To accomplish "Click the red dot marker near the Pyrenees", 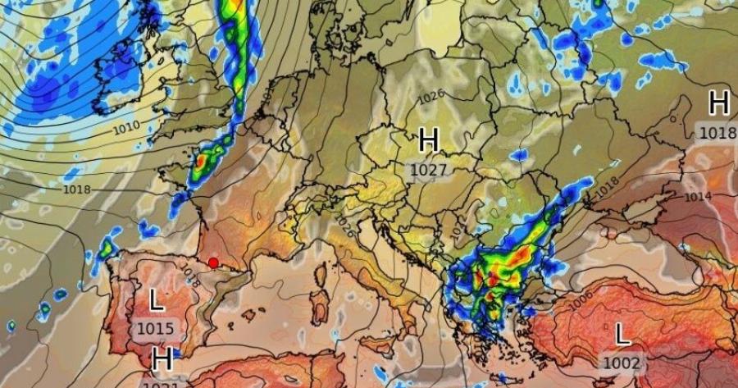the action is click(213, 262).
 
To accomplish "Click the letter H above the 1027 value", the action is click(429, 140).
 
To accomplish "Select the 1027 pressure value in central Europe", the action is click(429, 170).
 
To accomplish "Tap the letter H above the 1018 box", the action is click(718, 103).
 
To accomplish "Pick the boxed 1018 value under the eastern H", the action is click(718, 132).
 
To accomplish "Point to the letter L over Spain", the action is click(156, 300).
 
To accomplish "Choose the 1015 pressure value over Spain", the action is click(155, 329).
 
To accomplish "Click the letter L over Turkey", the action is click(622, 334).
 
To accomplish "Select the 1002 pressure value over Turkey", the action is click(622, 362).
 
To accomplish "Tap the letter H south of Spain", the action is click(162, 358).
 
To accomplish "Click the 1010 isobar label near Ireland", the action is click(126, 127).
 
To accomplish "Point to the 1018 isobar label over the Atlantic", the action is click(77, 189).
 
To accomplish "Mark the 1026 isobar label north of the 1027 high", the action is click(431, 96).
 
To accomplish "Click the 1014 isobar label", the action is click(698, 197).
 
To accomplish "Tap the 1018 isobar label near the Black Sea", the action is click(606, 186).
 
